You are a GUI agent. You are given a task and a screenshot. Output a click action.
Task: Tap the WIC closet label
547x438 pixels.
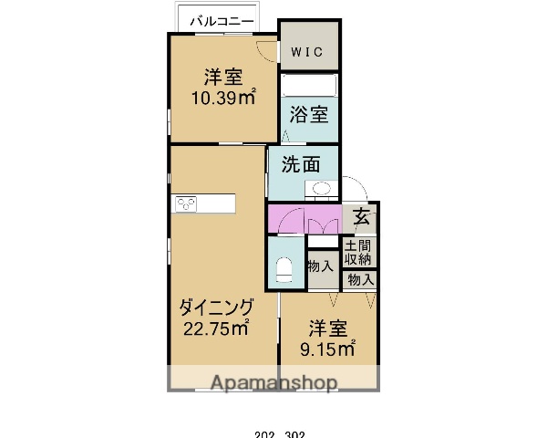point(306,51)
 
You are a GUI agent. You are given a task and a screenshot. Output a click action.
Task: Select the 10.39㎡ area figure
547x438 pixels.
point(222,98)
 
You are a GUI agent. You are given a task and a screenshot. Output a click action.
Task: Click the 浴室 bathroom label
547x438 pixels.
point(308,114)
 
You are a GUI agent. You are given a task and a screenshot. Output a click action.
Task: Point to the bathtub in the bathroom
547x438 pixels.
point(308,87)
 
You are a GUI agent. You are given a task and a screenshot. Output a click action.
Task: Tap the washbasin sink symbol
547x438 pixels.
point(321,190)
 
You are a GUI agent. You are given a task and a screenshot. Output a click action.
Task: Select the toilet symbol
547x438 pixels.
point(284,270)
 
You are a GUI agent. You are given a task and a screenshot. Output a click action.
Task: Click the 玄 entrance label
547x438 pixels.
point(362,217)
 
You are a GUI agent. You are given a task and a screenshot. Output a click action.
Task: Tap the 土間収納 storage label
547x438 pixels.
point(356,252)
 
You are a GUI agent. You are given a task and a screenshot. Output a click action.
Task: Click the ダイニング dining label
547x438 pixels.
point(215,308)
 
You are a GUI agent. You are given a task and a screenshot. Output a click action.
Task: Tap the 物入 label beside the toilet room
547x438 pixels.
point(320,266)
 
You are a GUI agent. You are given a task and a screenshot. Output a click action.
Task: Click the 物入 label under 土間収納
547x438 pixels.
point(361,279)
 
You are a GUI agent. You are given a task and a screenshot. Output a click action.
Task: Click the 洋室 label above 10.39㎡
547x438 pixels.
point(222,77)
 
